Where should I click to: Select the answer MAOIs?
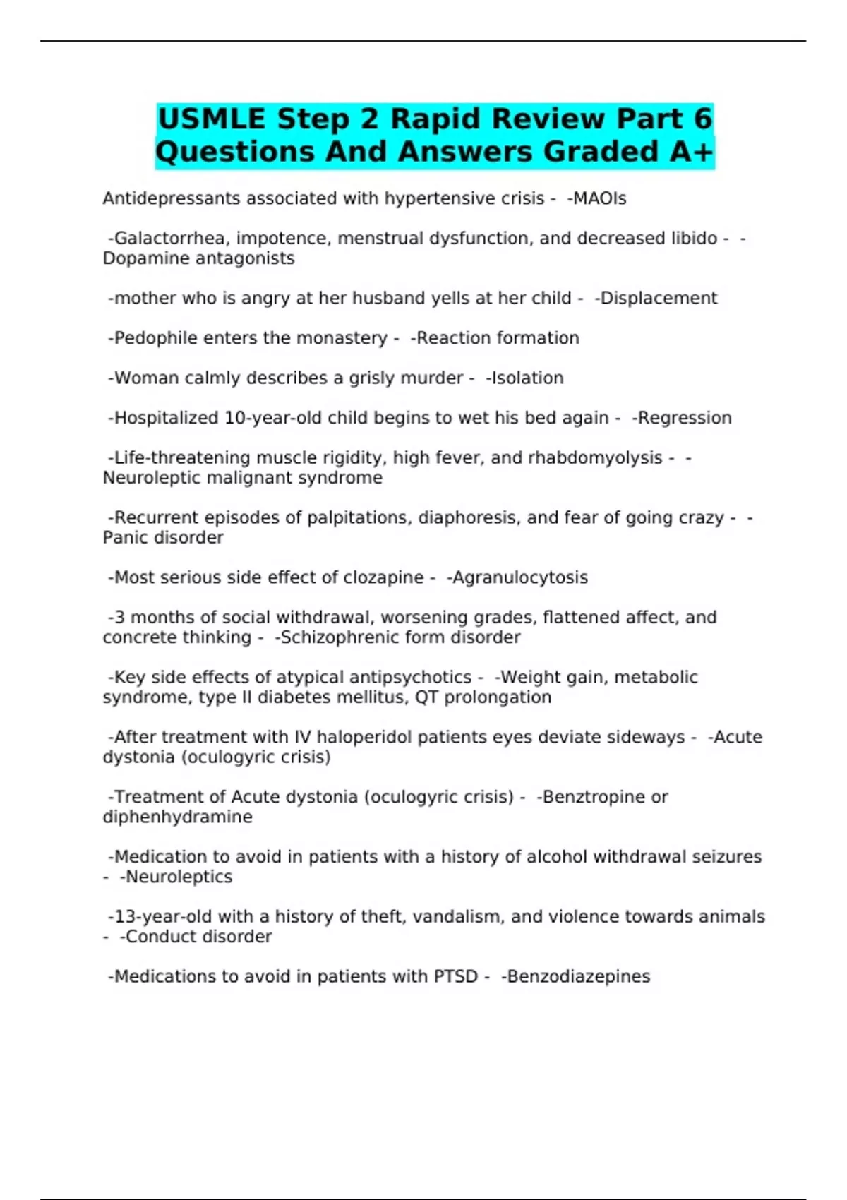599,199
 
